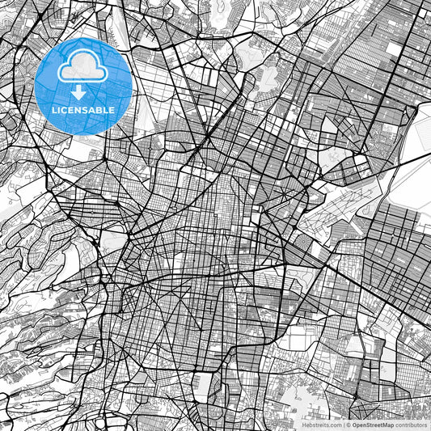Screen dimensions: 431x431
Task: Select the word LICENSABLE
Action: pos(84,109)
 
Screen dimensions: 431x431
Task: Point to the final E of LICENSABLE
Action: pos(112,109)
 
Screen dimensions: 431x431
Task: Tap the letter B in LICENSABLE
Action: pos(99,109)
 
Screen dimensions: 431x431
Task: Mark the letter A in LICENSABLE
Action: pos(92,109)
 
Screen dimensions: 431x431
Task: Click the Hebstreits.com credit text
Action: pos(321,424)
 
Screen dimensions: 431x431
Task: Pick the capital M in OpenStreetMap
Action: pos(385,424)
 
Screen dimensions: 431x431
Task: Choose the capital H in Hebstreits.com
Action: pos(301,424)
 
